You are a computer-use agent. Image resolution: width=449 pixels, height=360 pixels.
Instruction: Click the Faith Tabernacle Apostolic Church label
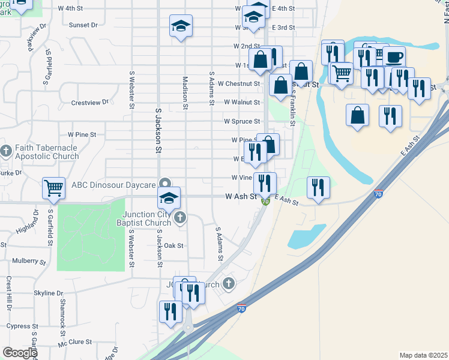[47, 152]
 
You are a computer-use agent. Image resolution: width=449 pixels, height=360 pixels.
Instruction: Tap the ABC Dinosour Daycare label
[114, 185]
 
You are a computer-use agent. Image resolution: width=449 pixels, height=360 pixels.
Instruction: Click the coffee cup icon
[394, 58]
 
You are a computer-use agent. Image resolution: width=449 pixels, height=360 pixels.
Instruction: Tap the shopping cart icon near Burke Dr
[53, 188]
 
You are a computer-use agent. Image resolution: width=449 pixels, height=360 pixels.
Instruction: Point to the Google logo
[20, 352]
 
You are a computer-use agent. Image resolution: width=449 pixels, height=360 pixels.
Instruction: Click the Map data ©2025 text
[423, 355]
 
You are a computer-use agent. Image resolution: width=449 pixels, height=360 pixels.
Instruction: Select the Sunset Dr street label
[83, 25]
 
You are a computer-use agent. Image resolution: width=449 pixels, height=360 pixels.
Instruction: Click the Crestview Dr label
[89, 103]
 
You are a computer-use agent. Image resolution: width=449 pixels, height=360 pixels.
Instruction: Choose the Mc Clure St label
[74, 342]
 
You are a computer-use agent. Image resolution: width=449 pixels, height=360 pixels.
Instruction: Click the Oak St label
[173, 245]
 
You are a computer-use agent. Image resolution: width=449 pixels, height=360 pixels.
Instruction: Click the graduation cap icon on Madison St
[180, 27]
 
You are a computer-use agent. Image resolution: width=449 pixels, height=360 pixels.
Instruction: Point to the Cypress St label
[23, 326]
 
